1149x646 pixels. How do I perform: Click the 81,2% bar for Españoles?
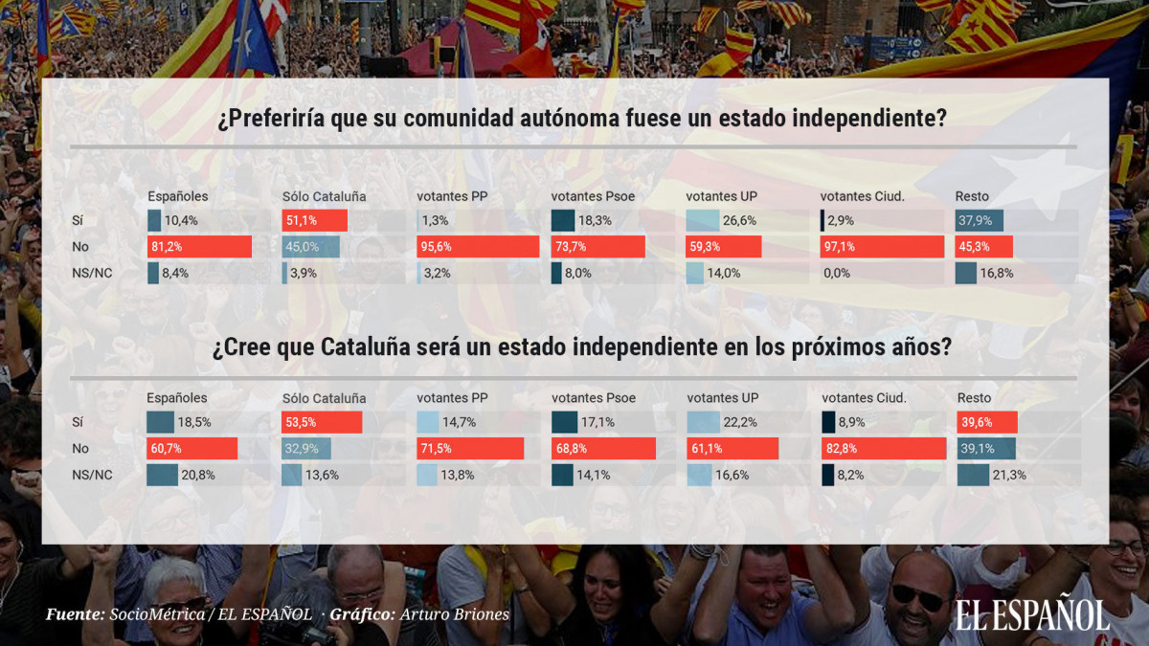tap(199, 247)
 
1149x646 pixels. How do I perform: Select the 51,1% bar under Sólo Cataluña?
tap(314, 221)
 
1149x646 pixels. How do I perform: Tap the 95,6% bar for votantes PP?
tap(478, 247)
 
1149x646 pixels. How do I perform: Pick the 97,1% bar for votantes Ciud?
tap(882, 247)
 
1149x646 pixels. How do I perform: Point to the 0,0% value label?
tap(839, 273)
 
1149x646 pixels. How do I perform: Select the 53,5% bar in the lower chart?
tap(322, 423)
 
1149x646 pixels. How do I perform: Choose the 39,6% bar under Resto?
tap(986, 423)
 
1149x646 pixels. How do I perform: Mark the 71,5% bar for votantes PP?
tap(470, 449)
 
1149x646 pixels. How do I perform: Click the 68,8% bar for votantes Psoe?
tap(603, 449)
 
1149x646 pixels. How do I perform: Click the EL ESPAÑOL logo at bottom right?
tap(1031, 614)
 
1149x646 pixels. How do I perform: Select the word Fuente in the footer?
tap(74, 613)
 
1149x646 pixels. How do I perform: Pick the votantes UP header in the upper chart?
tap(721, 196)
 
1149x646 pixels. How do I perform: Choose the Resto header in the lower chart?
tap(974, 397)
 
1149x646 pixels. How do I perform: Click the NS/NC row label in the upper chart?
tap(92, 273)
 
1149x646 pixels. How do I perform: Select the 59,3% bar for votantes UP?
tap(723, 247)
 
